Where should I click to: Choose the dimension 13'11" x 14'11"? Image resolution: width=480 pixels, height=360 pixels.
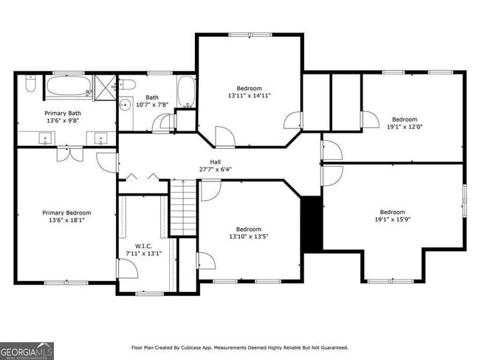point(249,95)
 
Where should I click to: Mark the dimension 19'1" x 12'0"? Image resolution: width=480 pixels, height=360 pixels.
point(404,126)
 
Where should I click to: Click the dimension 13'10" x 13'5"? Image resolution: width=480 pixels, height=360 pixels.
point(248,236)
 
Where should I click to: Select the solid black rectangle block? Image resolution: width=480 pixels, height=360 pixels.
point(312,224)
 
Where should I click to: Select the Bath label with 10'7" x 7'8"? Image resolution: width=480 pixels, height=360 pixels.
point(152,97)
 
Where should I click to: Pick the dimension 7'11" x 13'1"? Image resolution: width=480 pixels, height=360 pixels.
point(143,254)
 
